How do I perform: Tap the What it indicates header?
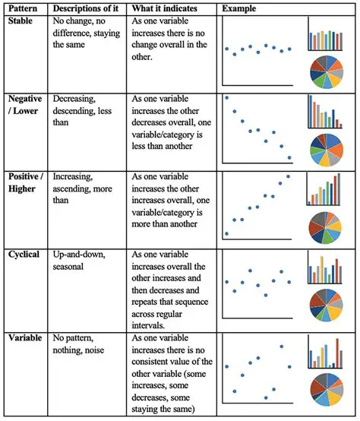[166, 8]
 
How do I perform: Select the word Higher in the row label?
[23, 189]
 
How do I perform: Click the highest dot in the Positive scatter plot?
[288, 176]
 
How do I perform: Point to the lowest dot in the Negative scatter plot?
[289, 158]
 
